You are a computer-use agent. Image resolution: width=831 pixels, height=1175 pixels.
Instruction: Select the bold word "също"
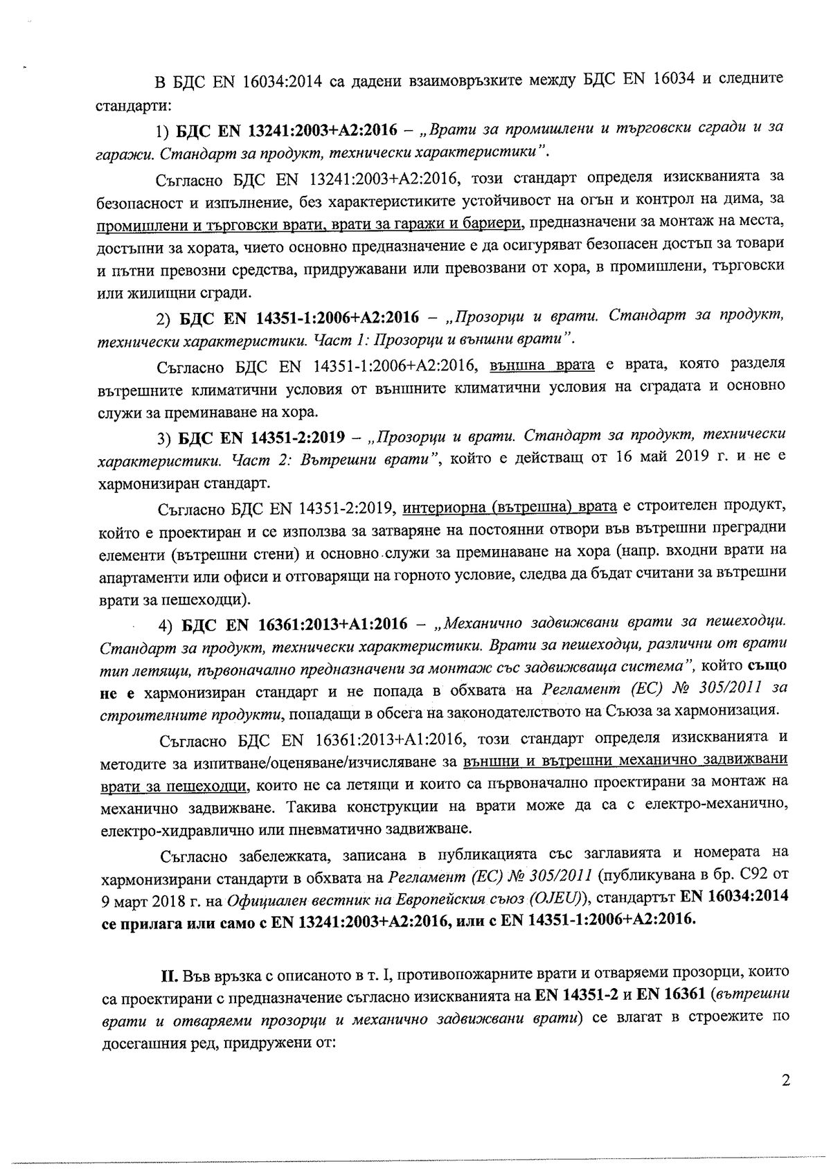tap(766, 667)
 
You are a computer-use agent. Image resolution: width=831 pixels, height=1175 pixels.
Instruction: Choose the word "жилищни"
tap(151, 293)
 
